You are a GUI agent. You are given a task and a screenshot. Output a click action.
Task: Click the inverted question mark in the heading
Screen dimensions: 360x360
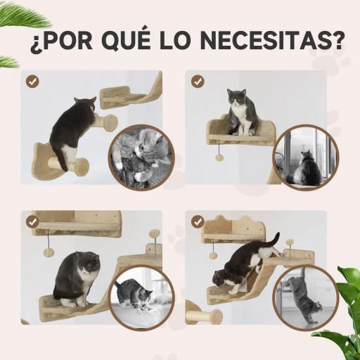(34, 42)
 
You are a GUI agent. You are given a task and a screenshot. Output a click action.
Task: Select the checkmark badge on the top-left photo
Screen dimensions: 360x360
(32, 82)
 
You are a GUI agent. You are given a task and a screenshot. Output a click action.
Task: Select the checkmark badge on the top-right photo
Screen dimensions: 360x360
(198, 82)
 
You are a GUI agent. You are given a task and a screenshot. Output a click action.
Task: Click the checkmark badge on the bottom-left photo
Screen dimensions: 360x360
(32, 222)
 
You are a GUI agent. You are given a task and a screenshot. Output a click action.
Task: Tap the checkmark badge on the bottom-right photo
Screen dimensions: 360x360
(198, 222)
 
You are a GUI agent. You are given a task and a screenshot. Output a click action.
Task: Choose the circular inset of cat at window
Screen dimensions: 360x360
(305, 157)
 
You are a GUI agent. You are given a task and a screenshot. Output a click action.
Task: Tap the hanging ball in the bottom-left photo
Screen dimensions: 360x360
(49, 253)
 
